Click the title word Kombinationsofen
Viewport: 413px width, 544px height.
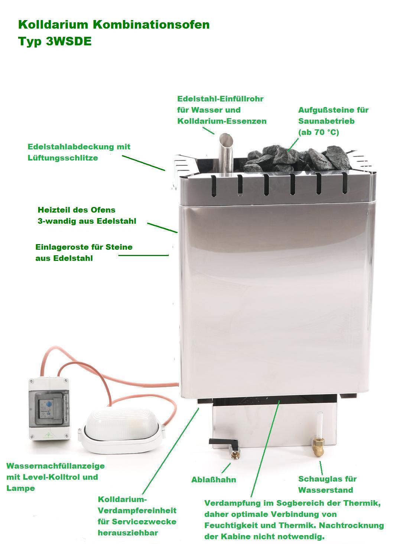151,25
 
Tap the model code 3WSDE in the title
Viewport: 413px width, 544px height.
69,41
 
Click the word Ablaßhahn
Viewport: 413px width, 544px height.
214,480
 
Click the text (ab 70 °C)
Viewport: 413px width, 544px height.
319,132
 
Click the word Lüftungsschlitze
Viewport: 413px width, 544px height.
63,158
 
